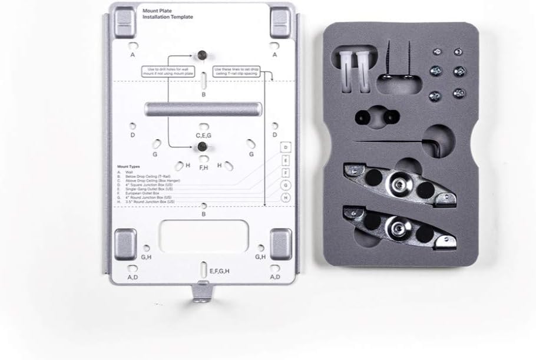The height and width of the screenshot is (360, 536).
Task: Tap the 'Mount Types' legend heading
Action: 128,167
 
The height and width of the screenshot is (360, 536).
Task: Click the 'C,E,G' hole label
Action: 203,135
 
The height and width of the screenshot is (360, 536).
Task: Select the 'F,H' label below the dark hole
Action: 203,168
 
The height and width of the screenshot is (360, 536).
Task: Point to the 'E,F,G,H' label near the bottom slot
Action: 219,271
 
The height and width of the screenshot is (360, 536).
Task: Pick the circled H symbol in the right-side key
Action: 285,198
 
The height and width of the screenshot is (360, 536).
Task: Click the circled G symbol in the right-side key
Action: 285,185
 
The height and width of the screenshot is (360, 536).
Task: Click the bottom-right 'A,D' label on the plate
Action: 274,276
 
